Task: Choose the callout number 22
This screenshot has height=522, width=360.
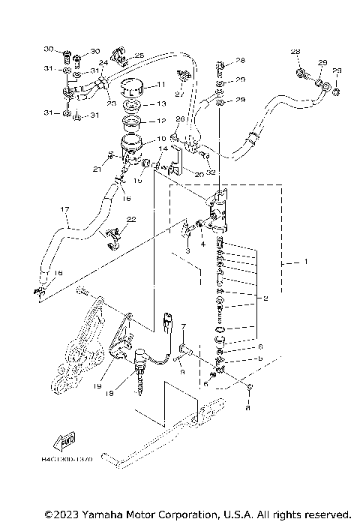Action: pyautogui.click(x=131, y=220)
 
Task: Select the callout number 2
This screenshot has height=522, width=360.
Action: pyautogui.click(x=265, y=298)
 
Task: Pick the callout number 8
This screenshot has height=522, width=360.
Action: pyautogui.click(x=249, y=409)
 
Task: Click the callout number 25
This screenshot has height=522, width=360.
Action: pyautogui.click(x=139, y=56)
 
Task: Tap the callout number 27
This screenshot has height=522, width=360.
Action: pyautogui.click(x=179, y=95)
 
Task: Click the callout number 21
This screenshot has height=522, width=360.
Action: pyautogui.click(x=96, y=170)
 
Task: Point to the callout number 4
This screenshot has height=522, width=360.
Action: pyautogui.click(x=202, y=244)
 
